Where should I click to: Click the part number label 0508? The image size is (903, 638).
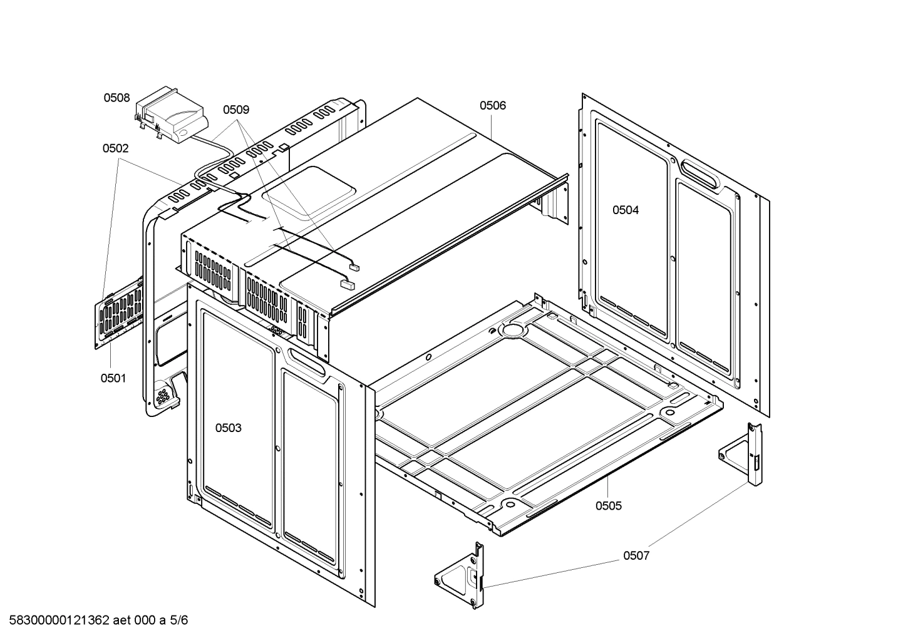click(117, 98)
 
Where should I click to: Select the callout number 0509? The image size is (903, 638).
click(236, 110)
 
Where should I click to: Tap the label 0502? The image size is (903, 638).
click(115, 148)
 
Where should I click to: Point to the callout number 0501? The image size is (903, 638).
click(113, 378)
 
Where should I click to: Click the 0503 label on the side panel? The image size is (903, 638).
click(228, 428)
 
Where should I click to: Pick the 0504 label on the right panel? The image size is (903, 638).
click(626, 210)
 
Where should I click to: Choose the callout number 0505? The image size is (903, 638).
click(609, 505)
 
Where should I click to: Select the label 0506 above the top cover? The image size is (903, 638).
click(493, 106)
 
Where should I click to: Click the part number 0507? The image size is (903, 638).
click(636, 555)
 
